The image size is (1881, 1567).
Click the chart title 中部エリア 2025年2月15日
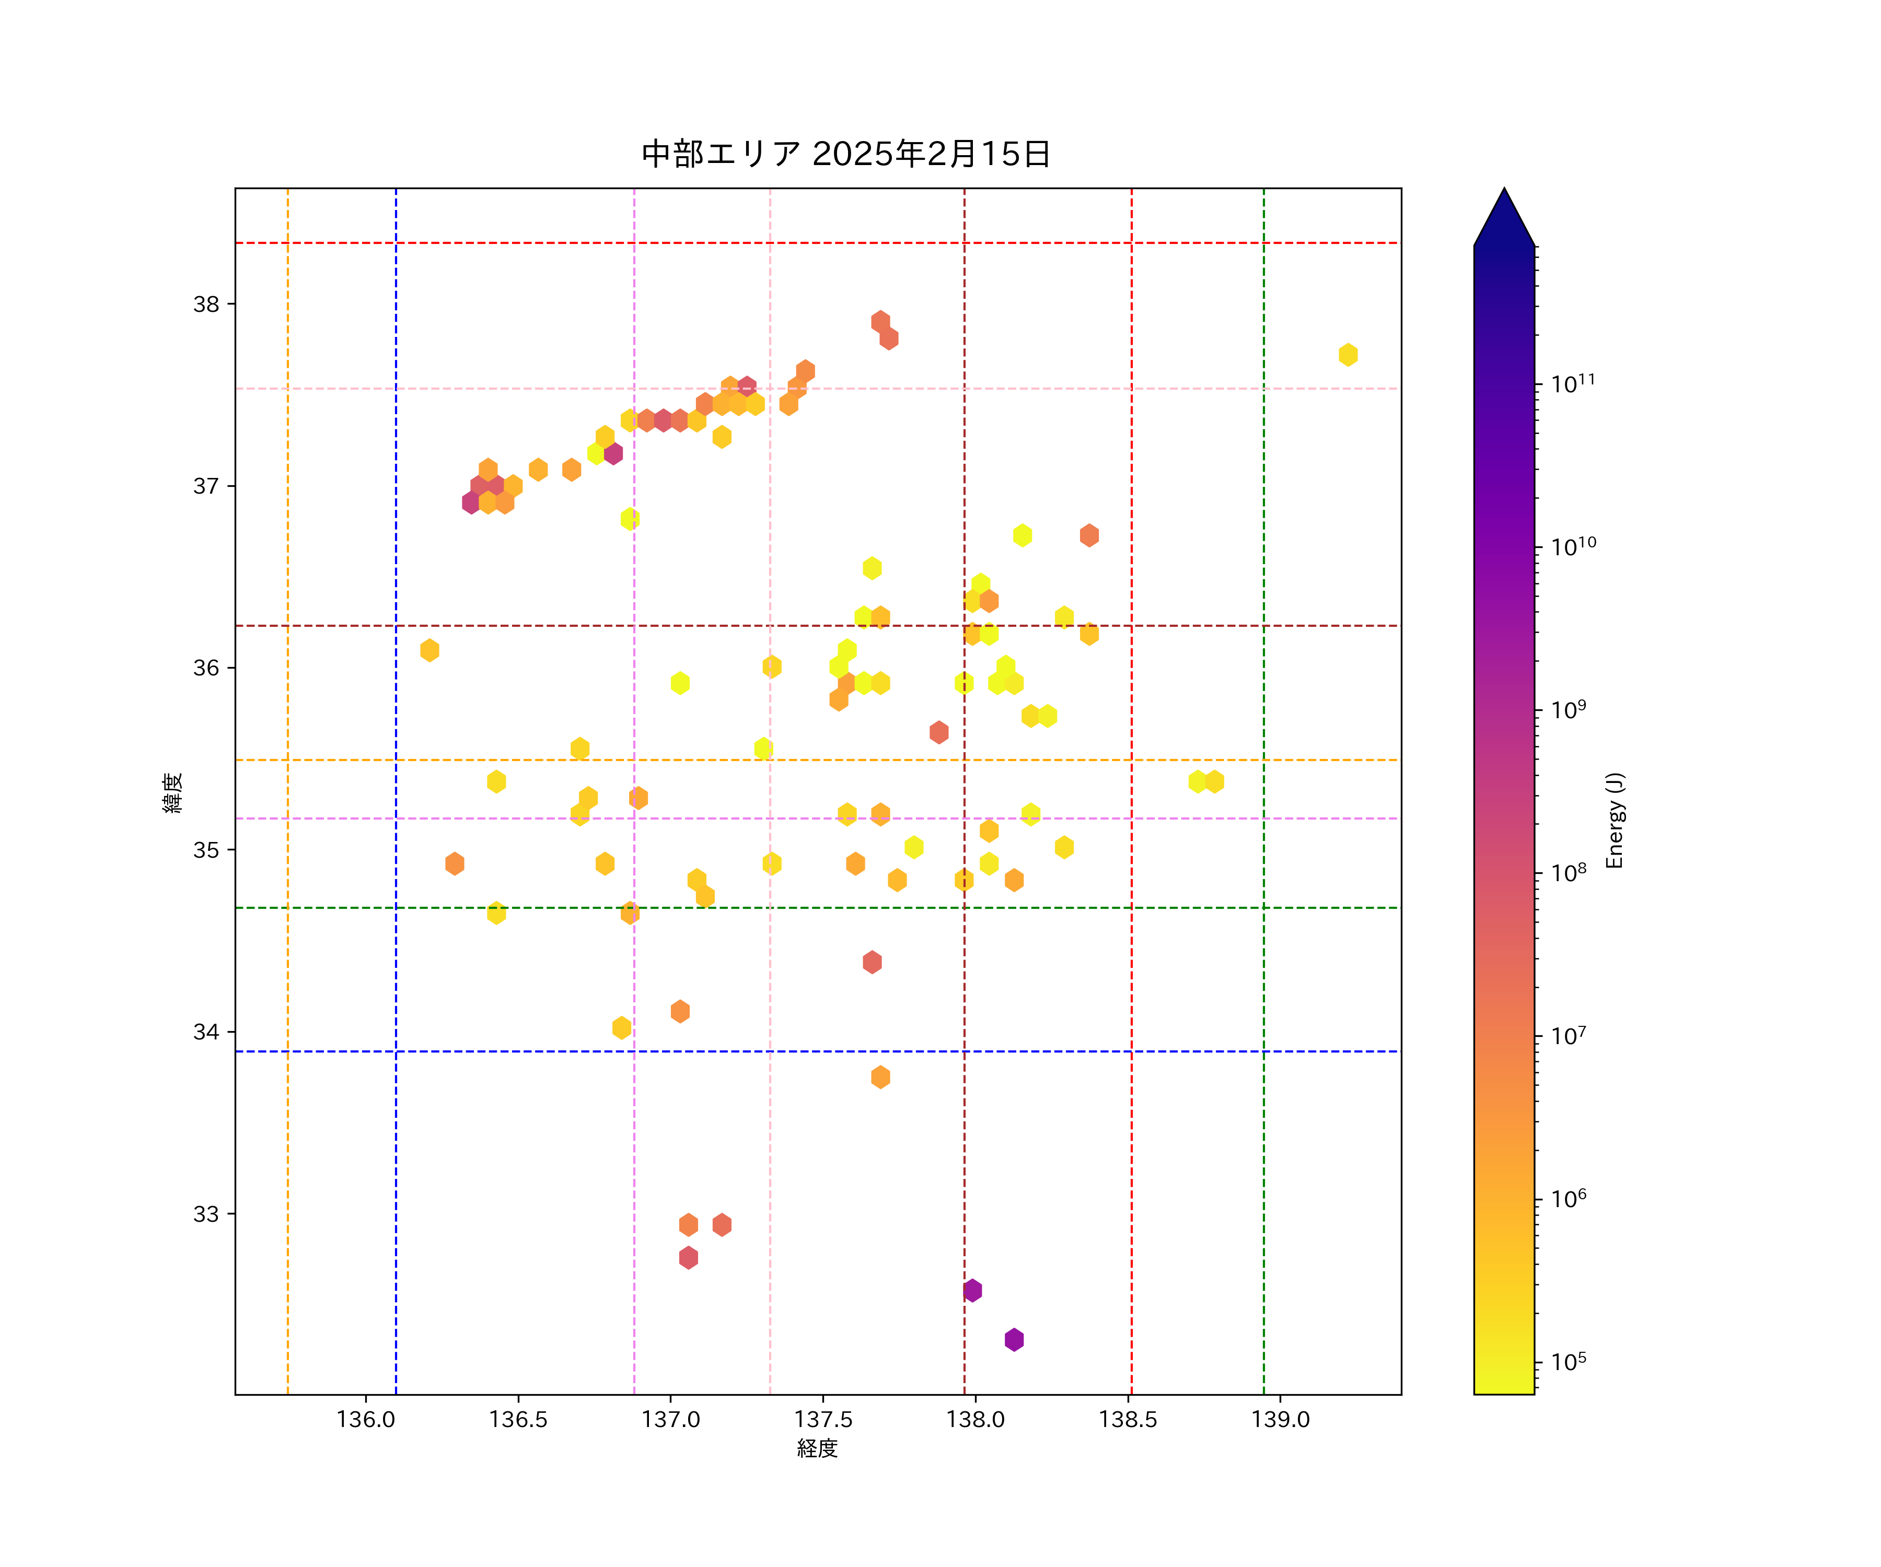tap(845, 154)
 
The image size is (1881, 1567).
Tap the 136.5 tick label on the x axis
tap(518, 1419)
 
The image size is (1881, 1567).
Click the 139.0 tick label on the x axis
tap(1280, 1419)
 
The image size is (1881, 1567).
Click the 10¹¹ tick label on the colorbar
tap(1573, 383)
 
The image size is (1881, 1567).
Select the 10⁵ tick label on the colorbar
tap(1569, 1361)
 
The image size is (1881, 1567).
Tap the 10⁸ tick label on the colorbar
tap(1569, 872)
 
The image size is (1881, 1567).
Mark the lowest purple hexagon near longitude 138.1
tap(1014, 1340)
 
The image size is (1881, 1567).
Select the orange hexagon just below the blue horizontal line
tap(880, 1077)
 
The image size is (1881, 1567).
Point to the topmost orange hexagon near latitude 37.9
tap(880, 321)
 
